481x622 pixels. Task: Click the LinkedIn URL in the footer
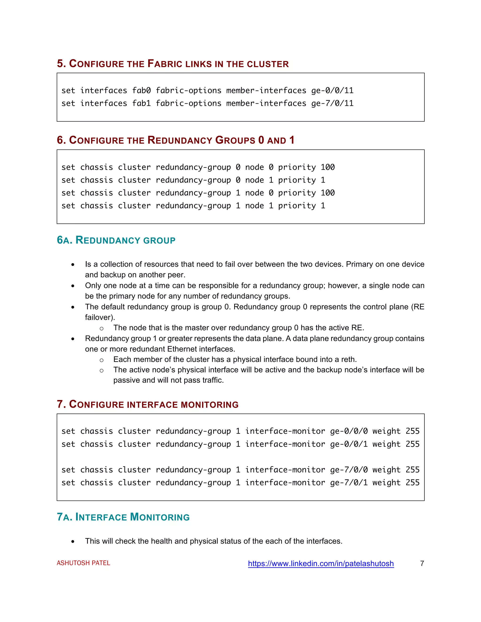[x=321, y=563]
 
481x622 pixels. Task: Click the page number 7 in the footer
[x=422, y=563]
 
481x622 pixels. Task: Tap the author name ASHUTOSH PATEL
[x=83, y=563]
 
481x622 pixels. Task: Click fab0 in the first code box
[x=141, y=91]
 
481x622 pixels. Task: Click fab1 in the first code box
[x=141, y=103]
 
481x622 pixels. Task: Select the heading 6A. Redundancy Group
[x=116, y=240]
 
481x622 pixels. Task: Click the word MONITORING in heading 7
[x=209, y=405]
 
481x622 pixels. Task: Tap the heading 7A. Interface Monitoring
[x=123, y=517]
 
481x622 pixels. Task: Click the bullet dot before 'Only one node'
[x=73, y=286]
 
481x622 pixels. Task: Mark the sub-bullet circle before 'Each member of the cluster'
[x=101, y=360]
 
